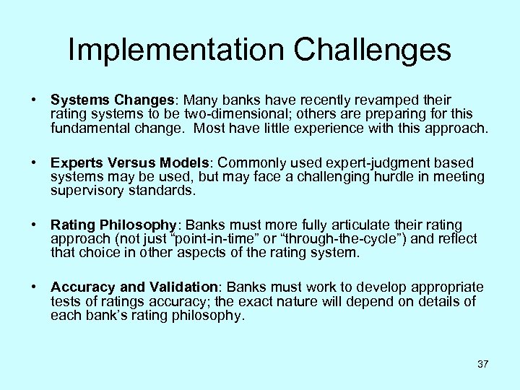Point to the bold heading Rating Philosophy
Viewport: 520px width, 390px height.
tap(113, 225)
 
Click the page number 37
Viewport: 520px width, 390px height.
tap(482, 364)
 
